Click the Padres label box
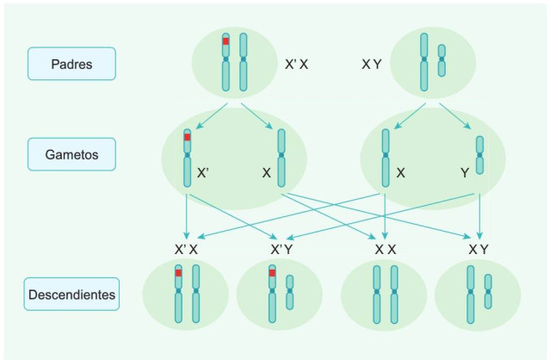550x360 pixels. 71,64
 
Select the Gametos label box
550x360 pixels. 71,154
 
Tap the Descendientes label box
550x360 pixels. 71,295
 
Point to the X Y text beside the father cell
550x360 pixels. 371,64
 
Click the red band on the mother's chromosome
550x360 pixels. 226,41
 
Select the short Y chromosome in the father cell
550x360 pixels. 442,61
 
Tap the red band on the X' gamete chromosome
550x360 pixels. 187,137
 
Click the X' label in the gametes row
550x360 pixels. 203,172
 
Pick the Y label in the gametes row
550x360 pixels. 464,172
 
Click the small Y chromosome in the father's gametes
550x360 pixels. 479,155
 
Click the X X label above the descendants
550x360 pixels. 385,249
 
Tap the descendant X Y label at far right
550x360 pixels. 479,249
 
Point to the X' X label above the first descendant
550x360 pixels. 187,249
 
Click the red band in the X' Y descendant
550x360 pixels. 272,273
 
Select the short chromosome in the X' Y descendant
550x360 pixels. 290,293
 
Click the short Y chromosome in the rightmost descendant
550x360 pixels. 488,292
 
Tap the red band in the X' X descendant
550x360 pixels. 178,273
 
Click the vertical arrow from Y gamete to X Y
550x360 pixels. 479,211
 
